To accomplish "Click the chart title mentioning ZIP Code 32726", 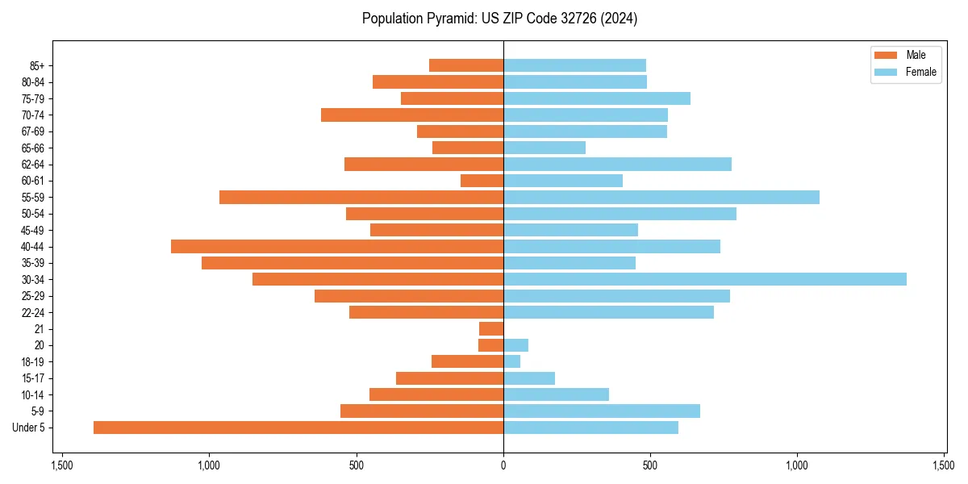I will coord(499,19).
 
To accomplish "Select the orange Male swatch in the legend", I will coord(885,55).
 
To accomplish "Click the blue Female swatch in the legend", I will coord(885,72).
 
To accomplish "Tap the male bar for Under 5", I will coord(298,428).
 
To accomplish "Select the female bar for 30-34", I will coord(705,279).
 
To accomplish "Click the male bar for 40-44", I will coord(337,246).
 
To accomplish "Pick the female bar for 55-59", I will coord(661,197).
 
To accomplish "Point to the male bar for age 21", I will coord(491,329).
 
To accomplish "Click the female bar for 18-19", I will coord(512,361).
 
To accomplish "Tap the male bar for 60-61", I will coord(482,181).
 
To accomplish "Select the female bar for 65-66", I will coord(544,148).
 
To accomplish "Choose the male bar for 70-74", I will coord(412,115).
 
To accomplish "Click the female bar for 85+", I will coord(574,65).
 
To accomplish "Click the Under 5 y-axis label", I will coord(29,428).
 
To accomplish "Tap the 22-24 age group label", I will coord(32,312).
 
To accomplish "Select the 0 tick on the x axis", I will coord(503,465).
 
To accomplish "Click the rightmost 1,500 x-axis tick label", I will coord(944,465).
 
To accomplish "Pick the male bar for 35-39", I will coord(353,263).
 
